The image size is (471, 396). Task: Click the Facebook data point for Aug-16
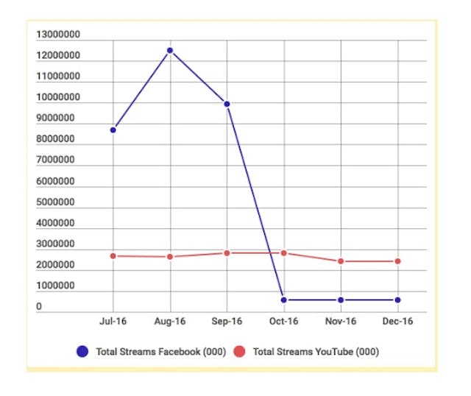click(170, 51)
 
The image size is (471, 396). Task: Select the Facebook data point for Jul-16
click(113, 130)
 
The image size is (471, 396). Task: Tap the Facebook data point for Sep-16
click(227, 105)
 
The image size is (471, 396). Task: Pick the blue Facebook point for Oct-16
click(284, 300)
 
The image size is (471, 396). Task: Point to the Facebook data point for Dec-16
click(398, 300)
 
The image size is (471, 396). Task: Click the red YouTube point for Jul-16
click(113, 256)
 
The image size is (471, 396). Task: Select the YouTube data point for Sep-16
click(227, 253)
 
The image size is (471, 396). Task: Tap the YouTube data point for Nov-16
click(341, 261)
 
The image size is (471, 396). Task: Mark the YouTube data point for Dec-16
click(398, 261)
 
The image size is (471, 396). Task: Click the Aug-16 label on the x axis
click(170, 322)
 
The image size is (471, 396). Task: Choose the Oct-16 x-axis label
click(284, 322)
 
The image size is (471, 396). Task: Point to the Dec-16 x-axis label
click(398, 322)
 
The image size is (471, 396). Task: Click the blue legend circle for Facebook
click(83, 352)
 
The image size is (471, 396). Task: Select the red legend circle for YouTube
click(240, 352)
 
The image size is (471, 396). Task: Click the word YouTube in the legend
click(333, 352)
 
